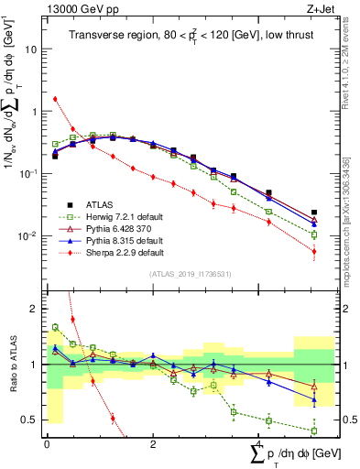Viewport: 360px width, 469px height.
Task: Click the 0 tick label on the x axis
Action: tap(46, 445)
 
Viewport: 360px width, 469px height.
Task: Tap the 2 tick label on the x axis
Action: tap(153, 445)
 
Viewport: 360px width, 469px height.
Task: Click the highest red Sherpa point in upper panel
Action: tap(55, 99)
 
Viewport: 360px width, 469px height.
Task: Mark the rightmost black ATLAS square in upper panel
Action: tap(314, 213)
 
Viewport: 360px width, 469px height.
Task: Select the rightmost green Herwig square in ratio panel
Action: tap(314, 431)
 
